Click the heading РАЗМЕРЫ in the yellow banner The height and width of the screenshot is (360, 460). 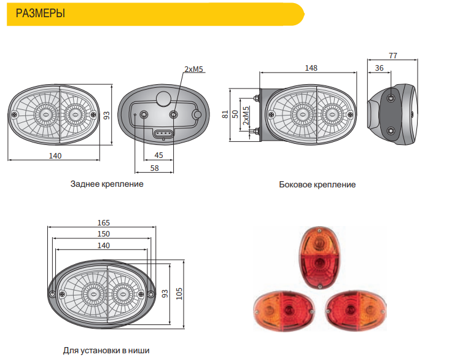coord(40,14)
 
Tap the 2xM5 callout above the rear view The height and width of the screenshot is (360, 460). coord(193,69)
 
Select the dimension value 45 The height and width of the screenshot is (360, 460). coord(158,155)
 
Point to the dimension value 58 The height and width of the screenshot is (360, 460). coord(155,168)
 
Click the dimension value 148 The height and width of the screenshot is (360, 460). coord(311,68)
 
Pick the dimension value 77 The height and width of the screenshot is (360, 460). coord(393,55)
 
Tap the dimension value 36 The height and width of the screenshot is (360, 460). coord(379,68)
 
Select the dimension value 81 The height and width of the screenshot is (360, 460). coord(225,114)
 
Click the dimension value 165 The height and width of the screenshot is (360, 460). coord(104,223)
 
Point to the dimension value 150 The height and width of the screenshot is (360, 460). coord(104,234)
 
